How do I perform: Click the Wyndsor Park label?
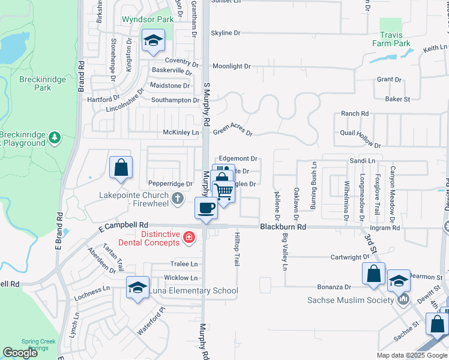[148, 19]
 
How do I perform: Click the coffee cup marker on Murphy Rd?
[206, 208]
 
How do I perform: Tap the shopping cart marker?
[224, 192]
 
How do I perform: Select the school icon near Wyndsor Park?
[153, 41]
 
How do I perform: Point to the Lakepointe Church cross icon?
[178, 197]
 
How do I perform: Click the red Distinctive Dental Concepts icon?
[188, 238]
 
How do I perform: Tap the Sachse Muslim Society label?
[350, 300]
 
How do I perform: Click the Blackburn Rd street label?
[283, 227]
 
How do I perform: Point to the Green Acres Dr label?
[233, 129]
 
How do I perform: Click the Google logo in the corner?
[20, 353]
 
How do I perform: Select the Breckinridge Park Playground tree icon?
[55, 138]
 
